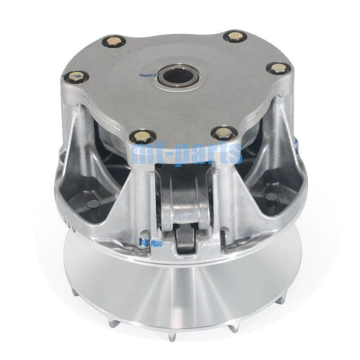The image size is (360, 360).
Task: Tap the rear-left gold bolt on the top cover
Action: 114,42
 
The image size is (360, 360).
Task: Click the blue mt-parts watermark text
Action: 187,153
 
